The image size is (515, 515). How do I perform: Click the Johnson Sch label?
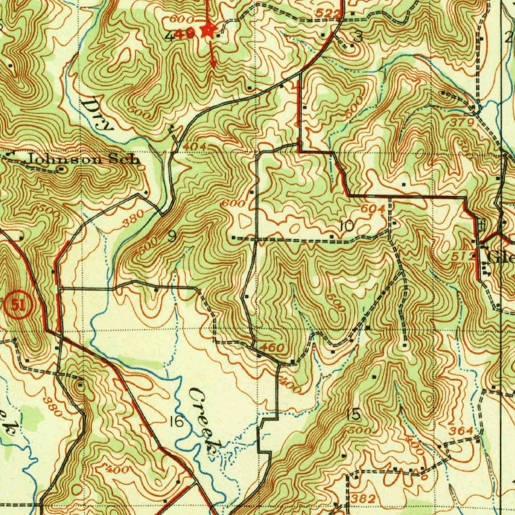82,159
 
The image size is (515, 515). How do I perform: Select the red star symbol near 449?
207,31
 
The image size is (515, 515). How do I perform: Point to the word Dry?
98,114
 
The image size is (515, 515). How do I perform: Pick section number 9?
171,236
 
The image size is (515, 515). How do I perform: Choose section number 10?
347,226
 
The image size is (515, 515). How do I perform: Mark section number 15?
353,415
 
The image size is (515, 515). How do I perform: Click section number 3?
358,36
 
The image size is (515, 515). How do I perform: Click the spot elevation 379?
464,122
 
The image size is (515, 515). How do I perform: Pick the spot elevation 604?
373,208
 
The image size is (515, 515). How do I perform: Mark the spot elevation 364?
461,431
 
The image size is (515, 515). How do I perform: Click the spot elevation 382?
364,498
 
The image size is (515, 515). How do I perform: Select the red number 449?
187,34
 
